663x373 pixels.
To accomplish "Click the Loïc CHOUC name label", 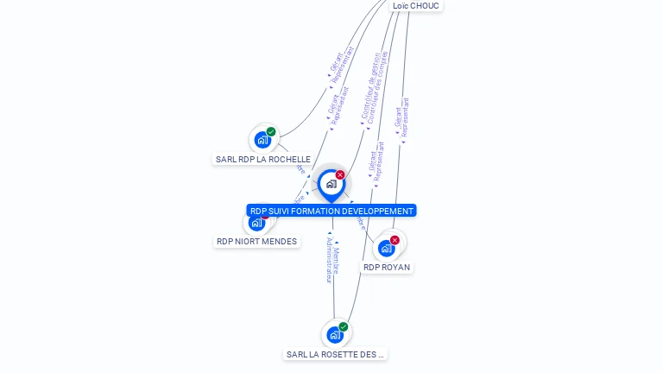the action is click(415, 6).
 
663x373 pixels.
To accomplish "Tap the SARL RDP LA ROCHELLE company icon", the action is click(262, 140).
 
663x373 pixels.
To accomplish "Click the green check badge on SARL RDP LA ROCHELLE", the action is click(271, 132).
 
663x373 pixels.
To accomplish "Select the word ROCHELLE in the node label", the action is click(289, 160).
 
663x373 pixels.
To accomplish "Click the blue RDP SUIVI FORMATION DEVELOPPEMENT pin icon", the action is click(331, 184).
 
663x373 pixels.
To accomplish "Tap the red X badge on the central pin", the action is click(340, 175).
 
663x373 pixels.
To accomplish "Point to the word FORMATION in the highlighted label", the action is click(317, 211).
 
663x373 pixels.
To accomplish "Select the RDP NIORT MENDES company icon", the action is click(256, 223).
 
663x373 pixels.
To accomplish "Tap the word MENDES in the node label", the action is click(279, 242).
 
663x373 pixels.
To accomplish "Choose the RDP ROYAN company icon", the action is click(386, 249).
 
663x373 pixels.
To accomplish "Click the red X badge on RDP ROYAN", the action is click(395, 240).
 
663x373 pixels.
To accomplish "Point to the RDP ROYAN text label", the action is click(387, 268).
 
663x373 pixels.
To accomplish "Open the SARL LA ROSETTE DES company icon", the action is click(334, 335).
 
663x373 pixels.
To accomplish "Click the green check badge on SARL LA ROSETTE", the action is click(344, 327).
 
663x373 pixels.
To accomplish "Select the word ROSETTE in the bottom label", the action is click(338, 355).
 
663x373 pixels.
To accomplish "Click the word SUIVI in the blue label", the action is click(281, 211).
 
